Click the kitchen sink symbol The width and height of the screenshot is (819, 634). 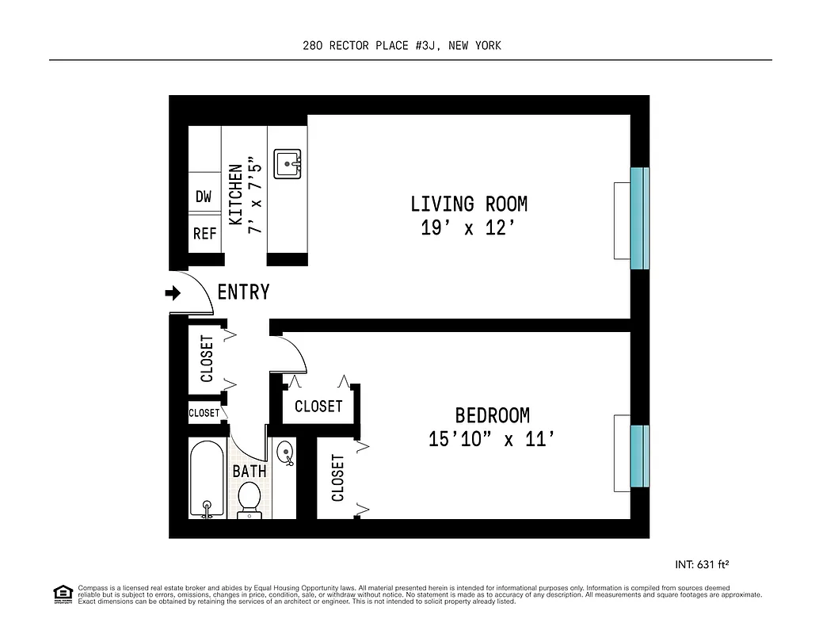coord(287,165)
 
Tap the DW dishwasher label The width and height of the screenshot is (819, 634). coord(204,197)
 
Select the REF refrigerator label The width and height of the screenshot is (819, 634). coord(205,235)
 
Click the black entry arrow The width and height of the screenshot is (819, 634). coord(173,293)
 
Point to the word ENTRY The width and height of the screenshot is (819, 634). coord(243,292)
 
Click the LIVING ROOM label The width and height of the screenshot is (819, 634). coord(468,204)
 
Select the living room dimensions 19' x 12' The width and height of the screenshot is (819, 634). coord(468,229)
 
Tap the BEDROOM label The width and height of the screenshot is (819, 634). coord(492,415)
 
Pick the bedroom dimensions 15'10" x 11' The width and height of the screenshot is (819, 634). coord(489,439)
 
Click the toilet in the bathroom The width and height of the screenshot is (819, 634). coord(249,500)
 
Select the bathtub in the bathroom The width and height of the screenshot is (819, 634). coord(208,479)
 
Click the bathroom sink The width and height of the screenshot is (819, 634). coord(284,453)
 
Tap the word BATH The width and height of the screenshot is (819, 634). coord(249,472)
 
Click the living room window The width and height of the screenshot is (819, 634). coord(639,218)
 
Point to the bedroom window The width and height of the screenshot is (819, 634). coord(639,456)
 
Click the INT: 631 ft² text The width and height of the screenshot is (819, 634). coord(701,565)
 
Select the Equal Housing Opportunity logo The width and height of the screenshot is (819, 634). coord(62,594)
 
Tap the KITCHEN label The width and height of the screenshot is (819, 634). coord(236,195)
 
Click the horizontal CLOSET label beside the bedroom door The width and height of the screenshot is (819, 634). coord(318,407)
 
